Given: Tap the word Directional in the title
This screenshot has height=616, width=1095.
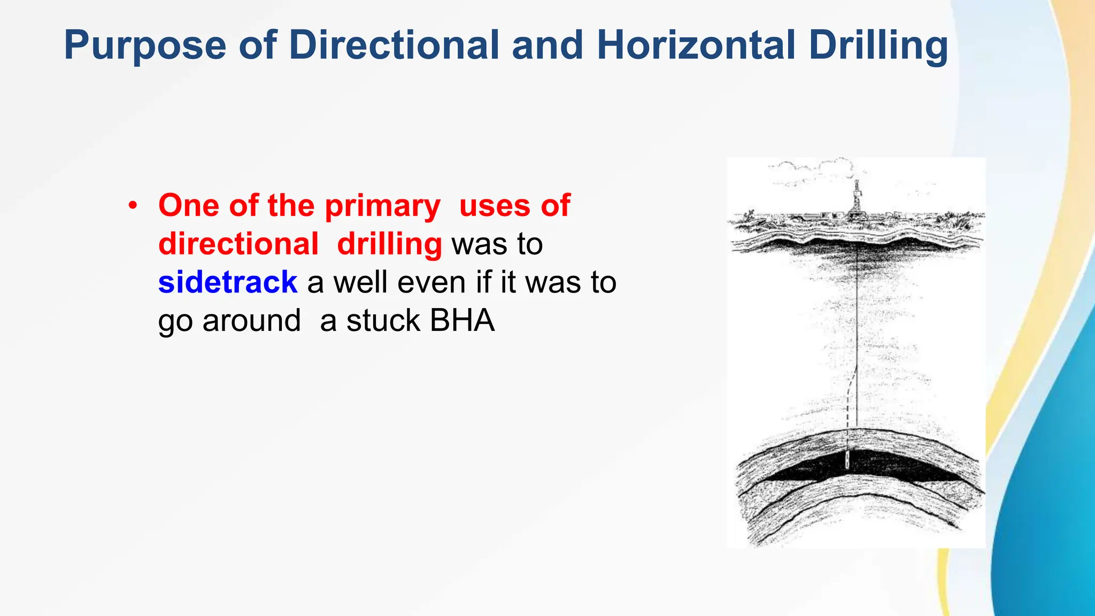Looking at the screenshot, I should click(394, 45).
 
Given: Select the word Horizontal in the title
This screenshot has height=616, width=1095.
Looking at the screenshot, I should click(696, 45).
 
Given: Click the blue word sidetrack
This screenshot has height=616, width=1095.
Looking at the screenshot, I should click(228, 282).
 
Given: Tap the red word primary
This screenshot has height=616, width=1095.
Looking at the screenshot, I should click(382, 206).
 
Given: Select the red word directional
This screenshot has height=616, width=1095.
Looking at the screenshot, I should click(238, 244).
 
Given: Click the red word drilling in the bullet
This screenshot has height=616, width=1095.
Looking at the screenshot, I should click(389, 245).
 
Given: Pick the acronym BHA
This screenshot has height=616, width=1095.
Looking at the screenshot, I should click(462, 321).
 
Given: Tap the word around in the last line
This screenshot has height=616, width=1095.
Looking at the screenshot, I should click(251, 321).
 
